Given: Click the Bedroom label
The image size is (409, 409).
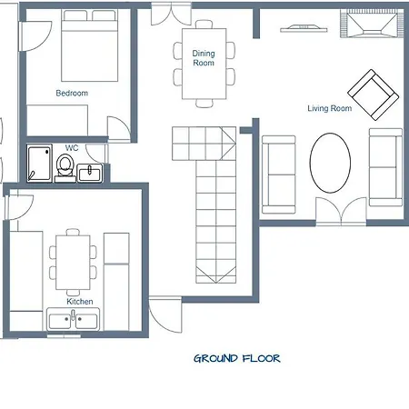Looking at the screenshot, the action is click(72, 93).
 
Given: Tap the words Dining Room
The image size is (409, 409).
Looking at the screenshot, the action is click(204, 58).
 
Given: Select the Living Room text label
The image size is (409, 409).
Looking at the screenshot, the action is click(330, 108).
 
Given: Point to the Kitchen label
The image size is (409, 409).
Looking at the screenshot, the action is click(80, 302).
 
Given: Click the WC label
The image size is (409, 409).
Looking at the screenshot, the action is click(72, 148).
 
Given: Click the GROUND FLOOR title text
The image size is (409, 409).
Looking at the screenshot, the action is click(237, 359).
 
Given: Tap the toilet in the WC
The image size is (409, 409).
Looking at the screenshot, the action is click(65, 168).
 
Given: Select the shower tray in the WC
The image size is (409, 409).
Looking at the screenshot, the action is click(39, 164).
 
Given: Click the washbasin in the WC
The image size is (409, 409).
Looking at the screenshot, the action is click(90, 174).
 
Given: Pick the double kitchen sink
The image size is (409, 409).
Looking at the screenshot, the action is click(73, 319).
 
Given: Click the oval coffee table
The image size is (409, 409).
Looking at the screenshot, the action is click(330, 163).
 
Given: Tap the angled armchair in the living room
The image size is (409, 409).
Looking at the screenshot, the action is click(374, 95).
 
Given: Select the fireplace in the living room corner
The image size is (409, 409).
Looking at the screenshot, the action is click(373, 24).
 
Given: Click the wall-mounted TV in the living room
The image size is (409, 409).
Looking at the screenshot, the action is click(304, 28).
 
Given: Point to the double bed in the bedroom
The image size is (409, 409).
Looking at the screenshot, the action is click(89, 45).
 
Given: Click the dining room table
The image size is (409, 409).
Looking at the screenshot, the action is click(204, 64).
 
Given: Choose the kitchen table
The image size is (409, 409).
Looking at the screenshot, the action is click(73, 263).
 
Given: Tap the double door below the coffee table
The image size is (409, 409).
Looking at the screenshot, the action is click(341, 211).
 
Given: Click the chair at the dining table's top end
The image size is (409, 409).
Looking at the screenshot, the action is click(204, 25).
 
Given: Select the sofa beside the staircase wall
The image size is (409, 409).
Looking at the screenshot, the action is click(279, 175).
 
